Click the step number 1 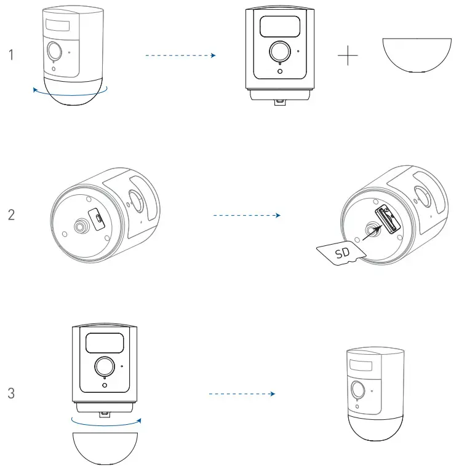pyautogui.click(x=11, y=55)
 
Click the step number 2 pyautogui.click(x=11, y=216)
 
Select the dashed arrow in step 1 pyautogui.click(x=180, y=55)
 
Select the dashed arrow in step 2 pyautogui.click(x=246, y=216)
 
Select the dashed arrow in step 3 pyautogui.click(x=241, y=393)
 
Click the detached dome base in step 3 pyautogui.click(x=103, y=448)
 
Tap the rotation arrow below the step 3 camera pyautogui.click(x=105, y=422)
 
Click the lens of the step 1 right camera pyautogui.click(x=281, y=51)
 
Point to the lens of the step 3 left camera pyautogui.click(x=103, y=366)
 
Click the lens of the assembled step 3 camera pyautogui.click(x=357, y=390)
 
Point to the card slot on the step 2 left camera pyautogui.click(x=97, y=217)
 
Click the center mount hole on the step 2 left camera pyautogui.click(x=80, y=226)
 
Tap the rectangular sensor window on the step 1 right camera pyautogui.click(x=280, y=25)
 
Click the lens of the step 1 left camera pyautogui.click(x=54, y=50)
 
